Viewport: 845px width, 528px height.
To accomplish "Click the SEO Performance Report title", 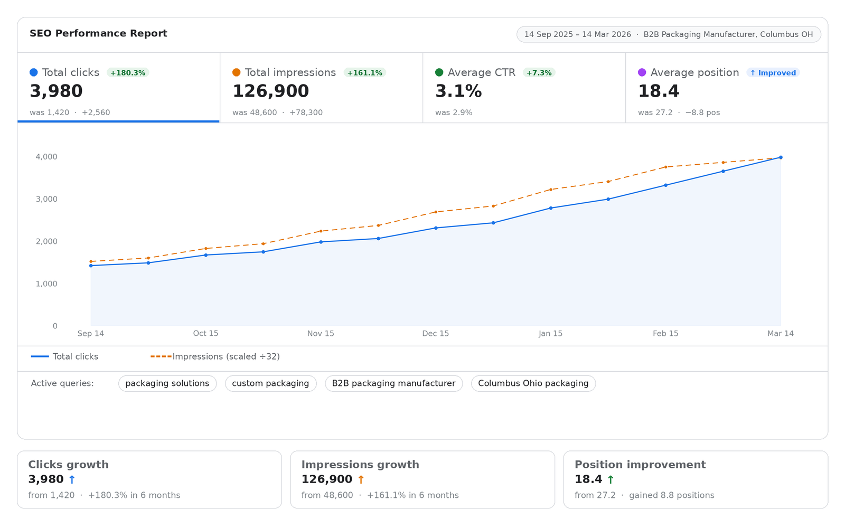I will (x=98, y=33).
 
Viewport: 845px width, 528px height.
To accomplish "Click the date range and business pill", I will (x=668, y=34).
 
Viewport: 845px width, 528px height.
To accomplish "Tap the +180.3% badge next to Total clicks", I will (x=128, y=73).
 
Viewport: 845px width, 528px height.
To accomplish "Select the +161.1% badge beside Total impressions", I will (x=364, y=73).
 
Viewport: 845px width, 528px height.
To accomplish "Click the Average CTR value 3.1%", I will (x=458, y=91).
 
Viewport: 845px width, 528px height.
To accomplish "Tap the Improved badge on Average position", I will (x=773, y=73).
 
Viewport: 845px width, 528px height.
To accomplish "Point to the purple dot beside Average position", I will (x=642, y=72).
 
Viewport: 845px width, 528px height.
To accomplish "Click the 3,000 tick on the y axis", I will (x=46, y=199).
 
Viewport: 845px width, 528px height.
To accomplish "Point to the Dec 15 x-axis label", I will (x=435, y=333).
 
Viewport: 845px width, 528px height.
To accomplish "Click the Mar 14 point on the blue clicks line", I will (x=781, y=157).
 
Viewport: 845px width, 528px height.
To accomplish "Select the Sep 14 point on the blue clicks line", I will (x=91, y=266).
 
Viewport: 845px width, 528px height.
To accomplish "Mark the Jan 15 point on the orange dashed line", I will (x=551, y=190).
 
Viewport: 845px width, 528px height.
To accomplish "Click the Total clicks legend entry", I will (x=65, y=356).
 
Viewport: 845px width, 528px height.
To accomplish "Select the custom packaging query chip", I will (x=270, y=383).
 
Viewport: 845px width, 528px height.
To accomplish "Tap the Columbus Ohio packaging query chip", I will (x=533, y=383).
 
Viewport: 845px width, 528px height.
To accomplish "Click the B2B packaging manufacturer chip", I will (x=393, y=383).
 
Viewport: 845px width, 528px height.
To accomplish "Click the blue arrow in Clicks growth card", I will (x=72, y=479).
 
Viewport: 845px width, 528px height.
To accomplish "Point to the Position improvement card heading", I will (x=640, y=465).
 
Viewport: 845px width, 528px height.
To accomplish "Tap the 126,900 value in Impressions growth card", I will (x=326, y=479).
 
